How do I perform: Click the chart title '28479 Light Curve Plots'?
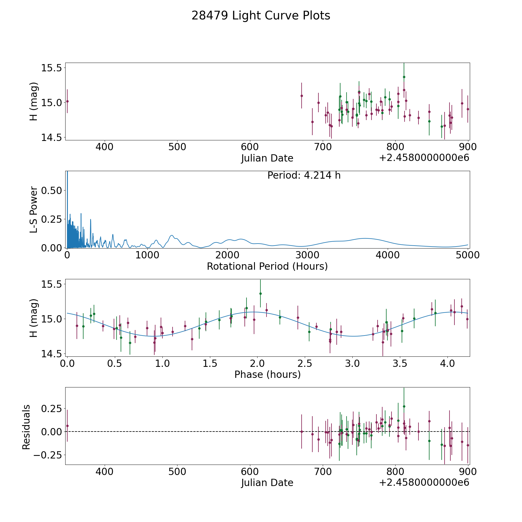[261, 16]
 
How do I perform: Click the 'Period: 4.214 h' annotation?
[304, 175]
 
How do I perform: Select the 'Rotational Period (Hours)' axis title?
[267, 266]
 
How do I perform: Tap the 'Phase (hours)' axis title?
[267, 374]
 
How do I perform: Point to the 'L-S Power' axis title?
[34, 209]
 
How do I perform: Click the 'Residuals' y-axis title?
[26, 427]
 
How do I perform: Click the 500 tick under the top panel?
[177, 147]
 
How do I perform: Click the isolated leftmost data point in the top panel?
[67, 101]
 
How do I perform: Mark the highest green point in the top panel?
[404, 77]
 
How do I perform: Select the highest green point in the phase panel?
[260, 293]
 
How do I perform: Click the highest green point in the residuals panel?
[404, 406]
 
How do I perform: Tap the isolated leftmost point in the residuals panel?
[67, 426]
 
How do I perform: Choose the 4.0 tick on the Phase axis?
[447, 364]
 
